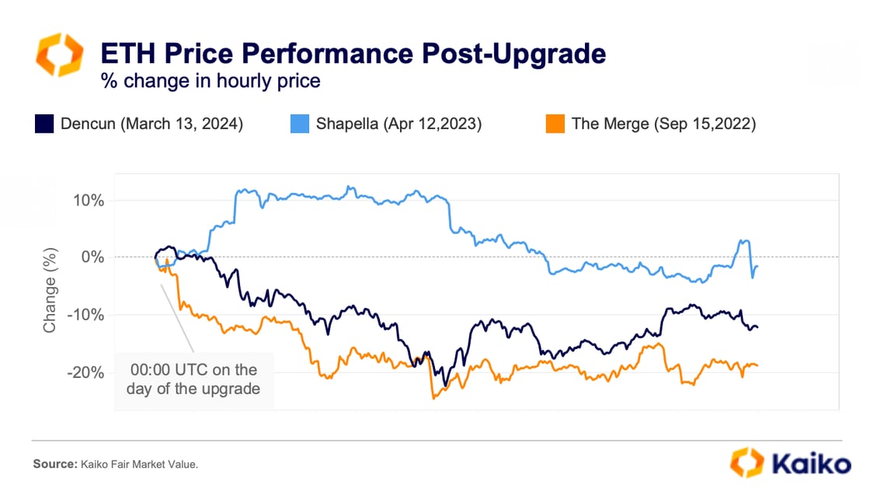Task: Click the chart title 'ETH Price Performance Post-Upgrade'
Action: coord(353,54)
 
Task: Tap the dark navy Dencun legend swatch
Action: coord(44,124)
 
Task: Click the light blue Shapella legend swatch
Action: coord(300,124)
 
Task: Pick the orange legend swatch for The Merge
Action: coord(555,124)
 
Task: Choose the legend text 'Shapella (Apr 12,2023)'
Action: coord(398,124)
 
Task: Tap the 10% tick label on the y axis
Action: coord(89,200)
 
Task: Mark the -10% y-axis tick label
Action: coord(86,315)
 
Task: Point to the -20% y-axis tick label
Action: coord(86,372)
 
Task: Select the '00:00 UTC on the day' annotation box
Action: coord(194,379)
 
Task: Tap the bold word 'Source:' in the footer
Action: coord(55,465)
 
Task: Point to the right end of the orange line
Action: coord(757,365)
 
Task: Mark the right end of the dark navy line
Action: coord(757,327)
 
